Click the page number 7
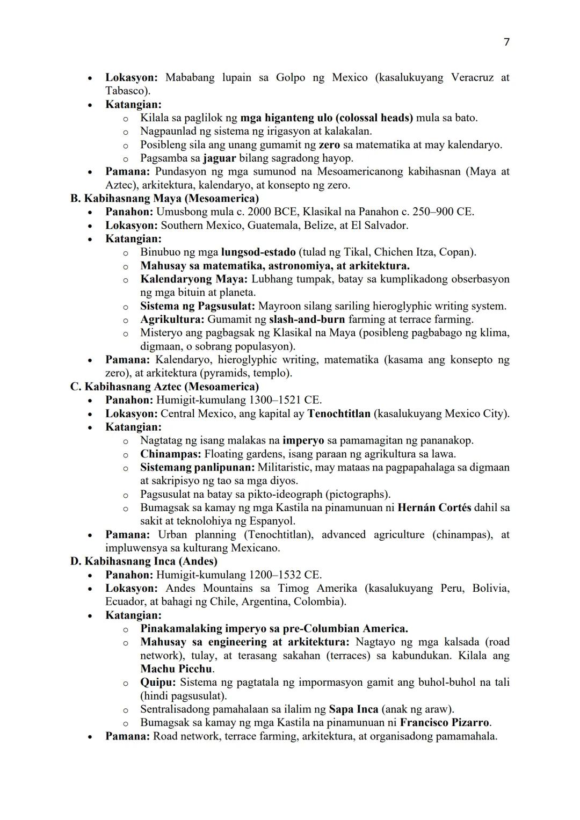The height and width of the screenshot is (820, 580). [506, 42]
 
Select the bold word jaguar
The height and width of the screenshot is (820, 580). [219, 158]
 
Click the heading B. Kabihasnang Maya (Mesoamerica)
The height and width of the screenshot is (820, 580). [164, 198]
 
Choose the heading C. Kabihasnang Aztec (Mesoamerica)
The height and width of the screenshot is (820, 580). [164, 387]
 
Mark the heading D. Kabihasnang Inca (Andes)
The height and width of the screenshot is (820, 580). [144, 561]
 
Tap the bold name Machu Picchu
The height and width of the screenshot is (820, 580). [177, 669]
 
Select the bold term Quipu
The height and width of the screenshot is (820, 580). [158, 683]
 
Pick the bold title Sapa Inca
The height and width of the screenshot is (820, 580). [353, 709]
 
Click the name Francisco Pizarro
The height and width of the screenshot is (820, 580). [445, 723]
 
